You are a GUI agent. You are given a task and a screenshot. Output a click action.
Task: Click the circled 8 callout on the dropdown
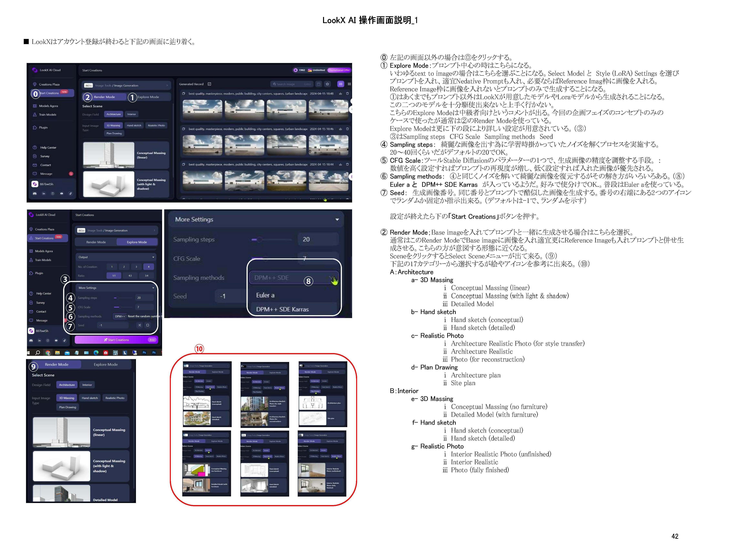[x=308, y=281]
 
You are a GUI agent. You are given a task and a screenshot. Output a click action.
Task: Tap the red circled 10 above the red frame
[x=199, y=349]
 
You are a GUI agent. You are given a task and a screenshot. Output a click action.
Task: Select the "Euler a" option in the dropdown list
[x=265, y=295]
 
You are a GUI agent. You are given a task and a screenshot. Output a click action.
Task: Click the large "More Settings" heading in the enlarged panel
[x=194, y=219]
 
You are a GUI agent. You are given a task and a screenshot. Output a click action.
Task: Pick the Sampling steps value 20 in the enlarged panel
[x=306, y=239]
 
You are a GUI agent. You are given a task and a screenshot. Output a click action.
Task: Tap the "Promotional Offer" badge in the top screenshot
[x=339, y=70]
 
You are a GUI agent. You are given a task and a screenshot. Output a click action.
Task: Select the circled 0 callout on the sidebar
[x=36, y=94]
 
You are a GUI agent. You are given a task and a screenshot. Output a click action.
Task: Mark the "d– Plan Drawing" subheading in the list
[x=434, y=367]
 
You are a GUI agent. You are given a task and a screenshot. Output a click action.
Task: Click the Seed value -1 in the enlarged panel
[x=223, y=296]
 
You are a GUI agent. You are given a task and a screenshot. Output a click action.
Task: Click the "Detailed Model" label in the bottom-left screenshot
[x=105, y=500]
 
